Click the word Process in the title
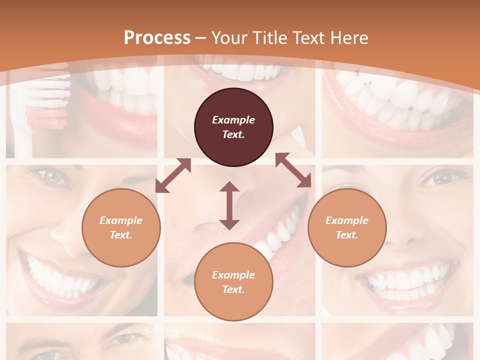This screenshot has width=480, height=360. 157,38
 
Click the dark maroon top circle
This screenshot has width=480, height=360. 233,127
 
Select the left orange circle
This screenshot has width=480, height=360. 121,227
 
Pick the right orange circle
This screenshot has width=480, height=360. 347,227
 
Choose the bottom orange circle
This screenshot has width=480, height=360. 233,281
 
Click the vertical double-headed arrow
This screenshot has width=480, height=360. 229,205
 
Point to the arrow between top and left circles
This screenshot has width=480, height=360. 173,175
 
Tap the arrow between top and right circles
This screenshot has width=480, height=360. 293,170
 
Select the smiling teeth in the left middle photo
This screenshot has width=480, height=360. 60,277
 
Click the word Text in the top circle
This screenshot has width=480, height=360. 233,134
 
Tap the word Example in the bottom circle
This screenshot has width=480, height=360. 233,274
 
